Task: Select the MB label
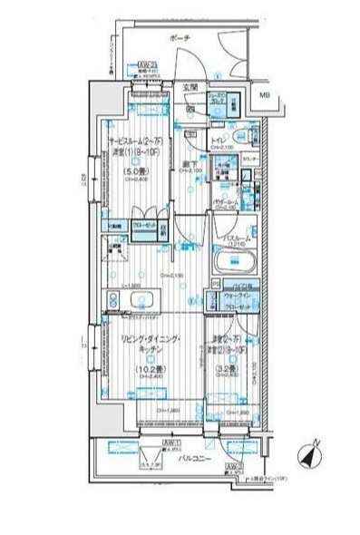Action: [x=264, y=95]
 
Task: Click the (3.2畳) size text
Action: [x=227, y=370]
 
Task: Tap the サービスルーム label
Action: [x=132, y=143]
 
